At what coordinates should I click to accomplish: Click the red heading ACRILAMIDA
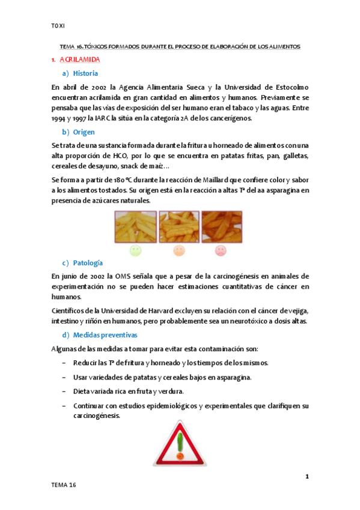tap(80, 60)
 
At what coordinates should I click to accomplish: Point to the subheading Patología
tap(88, 263)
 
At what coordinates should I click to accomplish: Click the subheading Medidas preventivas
tap(105, 334)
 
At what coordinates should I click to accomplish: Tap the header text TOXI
tap(58, 26)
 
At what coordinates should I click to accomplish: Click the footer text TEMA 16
tap(64, 485)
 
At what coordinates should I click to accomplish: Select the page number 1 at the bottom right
tap(307, 477)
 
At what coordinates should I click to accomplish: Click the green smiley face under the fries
tap(135, 250)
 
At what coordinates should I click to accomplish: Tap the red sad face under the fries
tap(221, 250)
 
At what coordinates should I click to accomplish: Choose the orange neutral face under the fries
tap(178, 250)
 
